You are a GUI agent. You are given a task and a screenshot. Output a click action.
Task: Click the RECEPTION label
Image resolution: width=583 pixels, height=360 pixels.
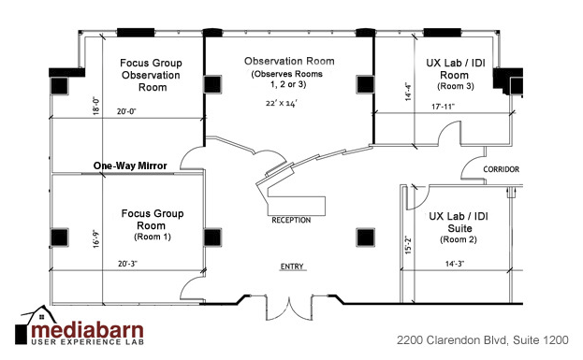click(291, 221)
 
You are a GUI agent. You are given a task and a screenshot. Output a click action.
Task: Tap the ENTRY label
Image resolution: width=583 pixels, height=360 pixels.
click(292, 266)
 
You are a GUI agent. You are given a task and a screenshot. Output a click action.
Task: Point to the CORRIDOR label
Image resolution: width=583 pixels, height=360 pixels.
click(502, 169)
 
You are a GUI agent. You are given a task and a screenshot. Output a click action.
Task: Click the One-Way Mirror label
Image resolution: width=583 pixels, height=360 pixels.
click(130, 166)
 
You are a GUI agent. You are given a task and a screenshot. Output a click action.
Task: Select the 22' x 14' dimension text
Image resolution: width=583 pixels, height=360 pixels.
click(282, 103)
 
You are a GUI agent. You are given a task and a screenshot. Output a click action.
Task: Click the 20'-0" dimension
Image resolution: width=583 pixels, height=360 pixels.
click(126, 111)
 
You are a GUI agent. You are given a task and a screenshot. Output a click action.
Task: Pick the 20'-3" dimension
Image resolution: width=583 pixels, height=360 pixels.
click(127, 264)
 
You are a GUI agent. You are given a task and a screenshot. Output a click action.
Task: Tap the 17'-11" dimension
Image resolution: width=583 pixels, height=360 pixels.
click(443, 107)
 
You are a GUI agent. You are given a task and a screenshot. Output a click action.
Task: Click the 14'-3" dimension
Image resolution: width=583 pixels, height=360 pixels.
click(455, 264)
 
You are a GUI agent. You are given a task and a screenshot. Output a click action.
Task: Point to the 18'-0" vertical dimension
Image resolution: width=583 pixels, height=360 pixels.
click(96, 106)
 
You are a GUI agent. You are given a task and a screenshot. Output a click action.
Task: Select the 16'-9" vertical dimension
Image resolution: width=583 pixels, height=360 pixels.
click(96, 238)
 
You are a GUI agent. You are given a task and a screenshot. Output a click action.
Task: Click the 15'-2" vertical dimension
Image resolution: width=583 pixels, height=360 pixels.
click(409, 245)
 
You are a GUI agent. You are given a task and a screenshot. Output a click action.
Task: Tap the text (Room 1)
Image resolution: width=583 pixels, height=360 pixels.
click(153, 237)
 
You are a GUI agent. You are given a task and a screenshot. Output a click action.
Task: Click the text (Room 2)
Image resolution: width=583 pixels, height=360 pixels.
click(459, 239)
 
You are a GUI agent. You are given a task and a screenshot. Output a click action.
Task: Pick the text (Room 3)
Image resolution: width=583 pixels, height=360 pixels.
click(456, 86)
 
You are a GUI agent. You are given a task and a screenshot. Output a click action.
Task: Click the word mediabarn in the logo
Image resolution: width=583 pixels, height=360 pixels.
click(87, 330)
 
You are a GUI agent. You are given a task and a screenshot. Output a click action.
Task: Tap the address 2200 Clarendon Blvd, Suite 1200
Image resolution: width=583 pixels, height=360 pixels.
click(482, 340)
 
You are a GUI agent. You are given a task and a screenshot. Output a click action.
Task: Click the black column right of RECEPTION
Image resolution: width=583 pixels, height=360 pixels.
click(365, 238)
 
